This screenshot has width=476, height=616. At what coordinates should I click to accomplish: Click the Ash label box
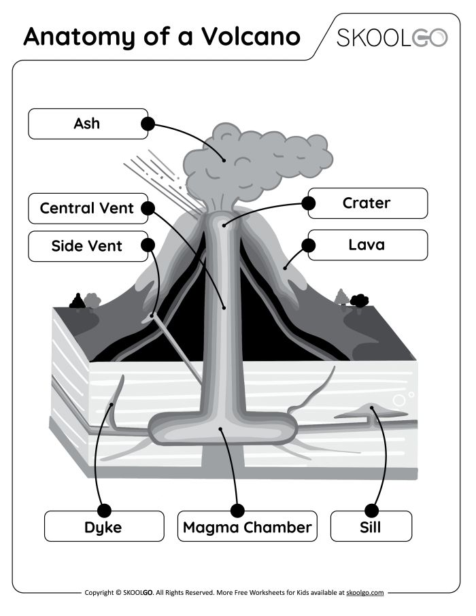(x=87, y=124)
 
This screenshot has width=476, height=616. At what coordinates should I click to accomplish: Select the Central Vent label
(x=87, y=208)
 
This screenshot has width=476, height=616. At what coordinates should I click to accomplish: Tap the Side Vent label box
(x=87, y=246)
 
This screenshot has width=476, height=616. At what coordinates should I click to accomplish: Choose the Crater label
(x=367, y=203)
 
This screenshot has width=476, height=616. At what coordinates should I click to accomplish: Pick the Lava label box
(x=367, y=245)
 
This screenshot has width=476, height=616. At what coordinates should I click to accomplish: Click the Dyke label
(x=104, y=526)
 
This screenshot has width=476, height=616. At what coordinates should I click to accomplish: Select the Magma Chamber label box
(x=247, y=526)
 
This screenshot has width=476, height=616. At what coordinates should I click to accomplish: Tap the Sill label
(x=371, y=526)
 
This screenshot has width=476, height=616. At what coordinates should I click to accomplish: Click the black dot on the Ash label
(x=148, y=124)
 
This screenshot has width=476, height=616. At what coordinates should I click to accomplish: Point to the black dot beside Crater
(x=309, y=203)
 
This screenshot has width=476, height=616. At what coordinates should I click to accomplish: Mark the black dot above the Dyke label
(x=104, y=510)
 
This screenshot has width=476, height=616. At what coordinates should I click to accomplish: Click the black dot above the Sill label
(x=371, y=510)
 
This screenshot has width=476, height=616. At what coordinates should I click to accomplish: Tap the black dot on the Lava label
(x=309, y=245)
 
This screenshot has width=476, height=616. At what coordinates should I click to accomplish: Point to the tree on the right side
(x=341, y=297)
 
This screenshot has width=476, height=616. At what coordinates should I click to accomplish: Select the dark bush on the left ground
(x=78, y=301)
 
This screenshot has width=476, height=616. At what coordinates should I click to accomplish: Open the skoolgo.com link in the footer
(x=364, y=593)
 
